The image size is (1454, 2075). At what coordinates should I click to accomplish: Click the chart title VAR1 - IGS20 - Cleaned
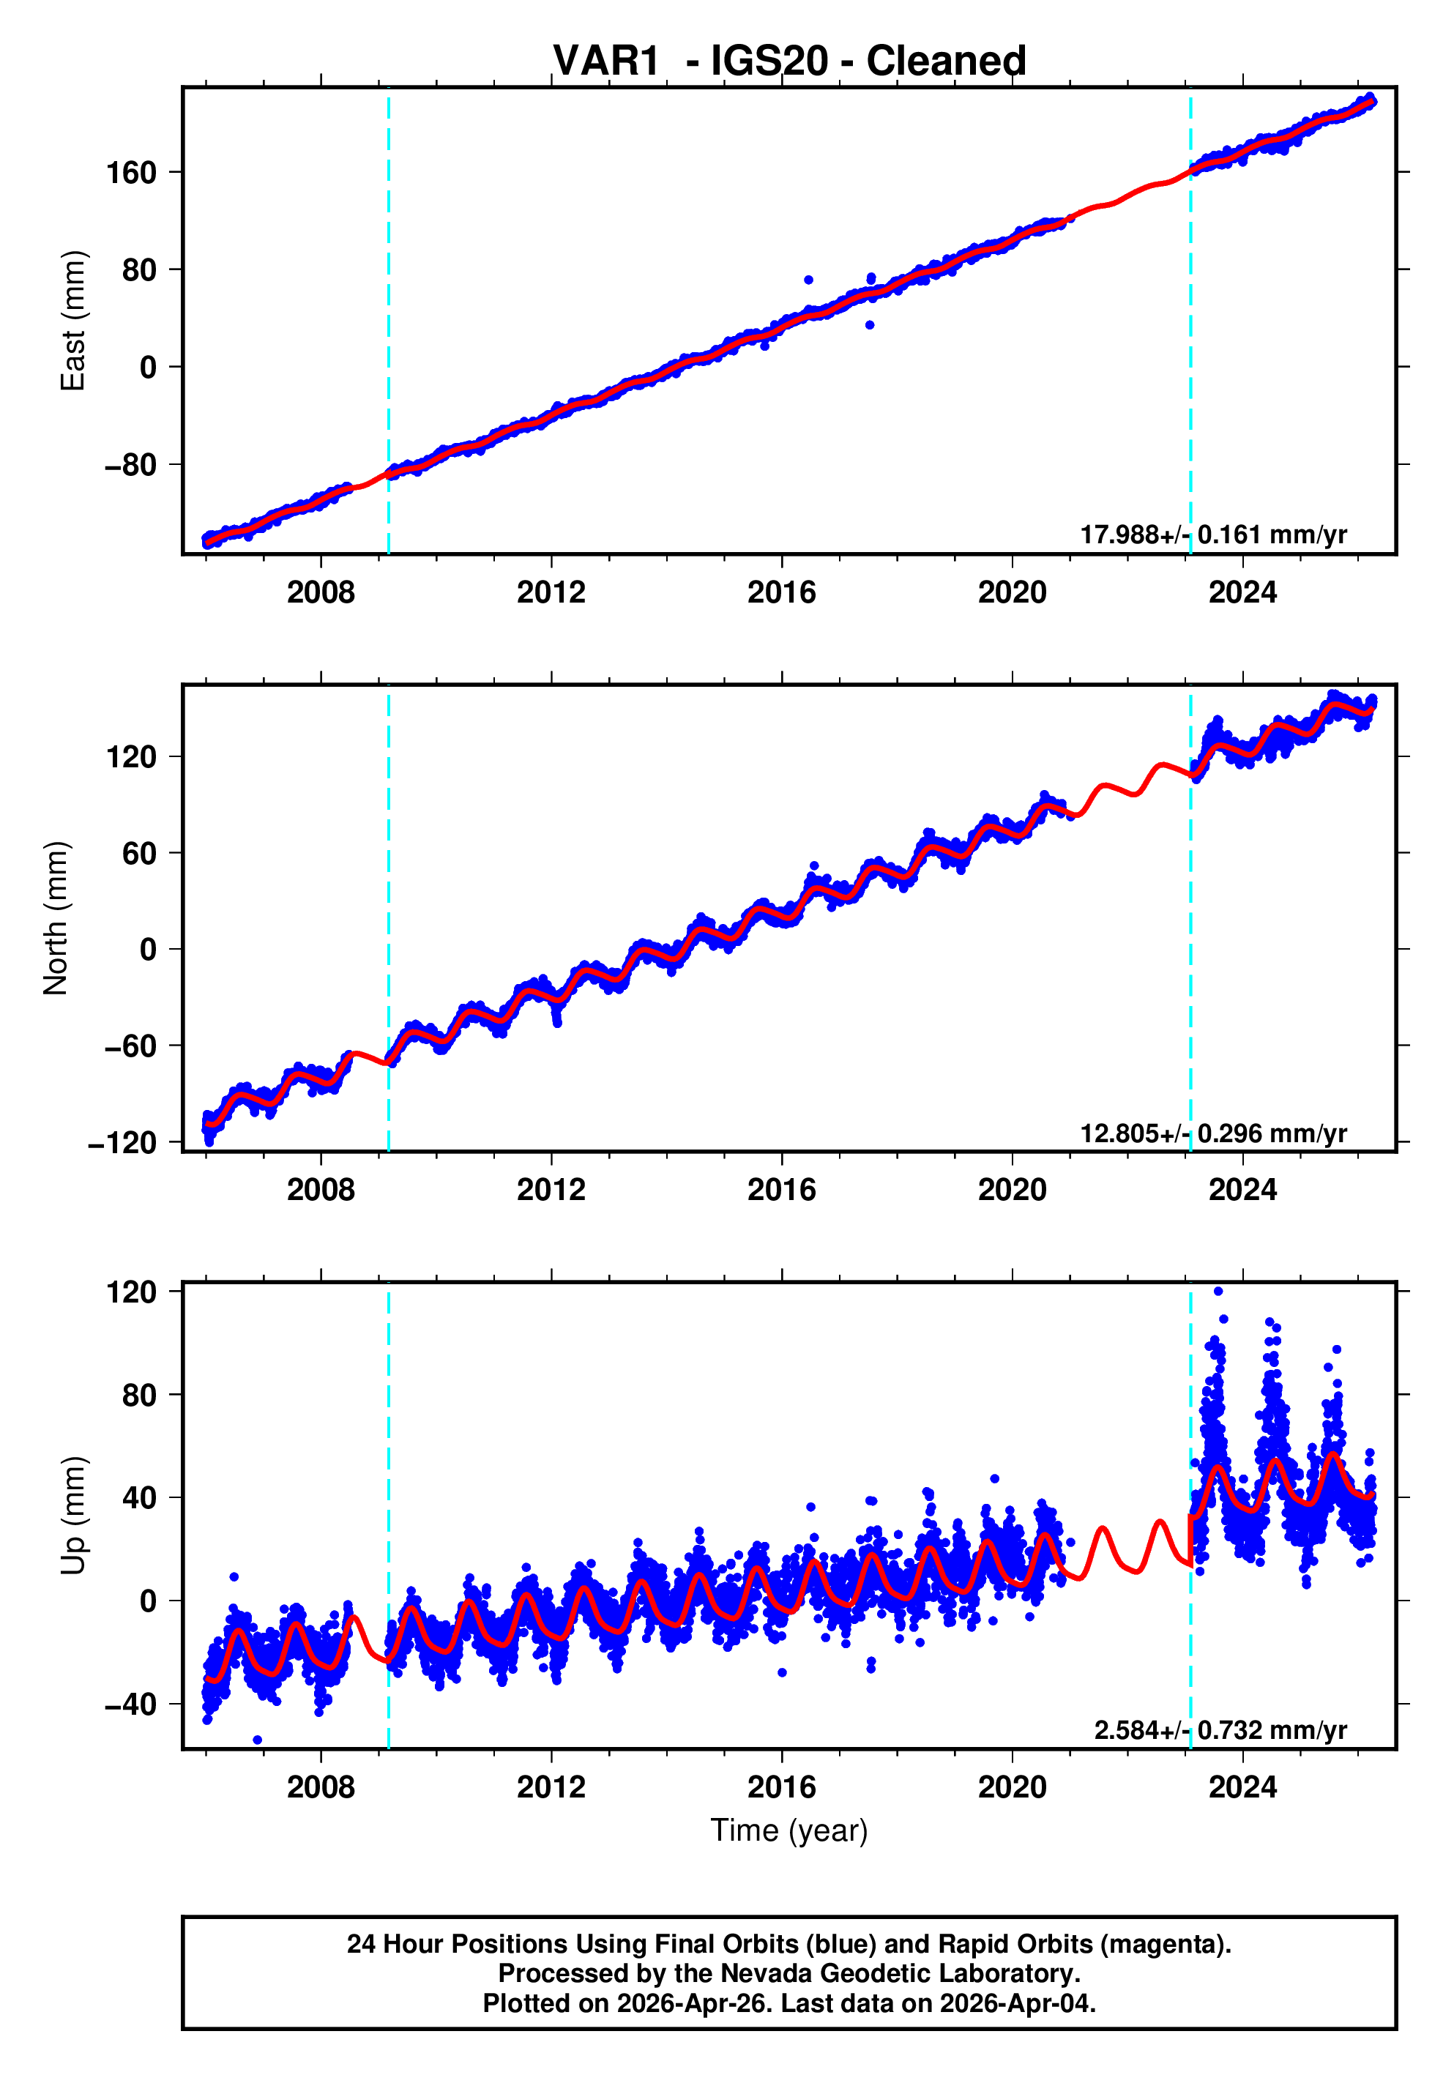[x=789, y=62]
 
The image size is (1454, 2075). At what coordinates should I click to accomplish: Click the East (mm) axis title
[x=73, y=321]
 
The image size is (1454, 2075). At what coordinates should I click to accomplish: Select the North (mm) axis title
[x=56, y=918]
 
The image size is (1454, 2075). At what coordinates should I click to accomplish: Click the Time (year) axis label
[x=789, y=1830]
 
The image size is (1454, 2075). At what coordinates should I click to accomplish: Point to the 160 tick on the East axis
[x=131, y=173]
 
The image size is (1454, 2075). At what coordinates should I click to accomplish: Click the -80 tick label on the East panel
[x=131, y=466]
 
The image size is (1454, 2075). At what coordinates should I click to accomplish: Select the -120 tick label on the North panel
[x=122, y=1143]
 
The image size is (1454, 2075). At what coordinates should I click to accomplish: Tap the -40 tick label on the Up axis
[x=131, y=1705]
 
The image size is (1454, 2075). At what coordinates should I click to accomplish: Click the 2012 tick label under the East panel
[x=551, y=593]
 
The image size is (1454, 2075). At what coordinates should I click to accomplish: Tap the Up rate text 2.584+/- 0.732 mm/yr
[x=1220, y=1729]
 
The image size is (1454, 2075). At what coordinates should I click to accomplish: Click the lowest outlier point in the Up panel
[x=258, y=1740]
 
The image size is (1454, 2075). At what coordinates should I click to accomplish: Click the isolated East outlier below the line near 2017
[x=869, y=325]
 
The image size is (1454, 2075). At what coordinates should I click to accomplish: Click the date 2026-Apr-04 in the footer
[x=1015, y=2003]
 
